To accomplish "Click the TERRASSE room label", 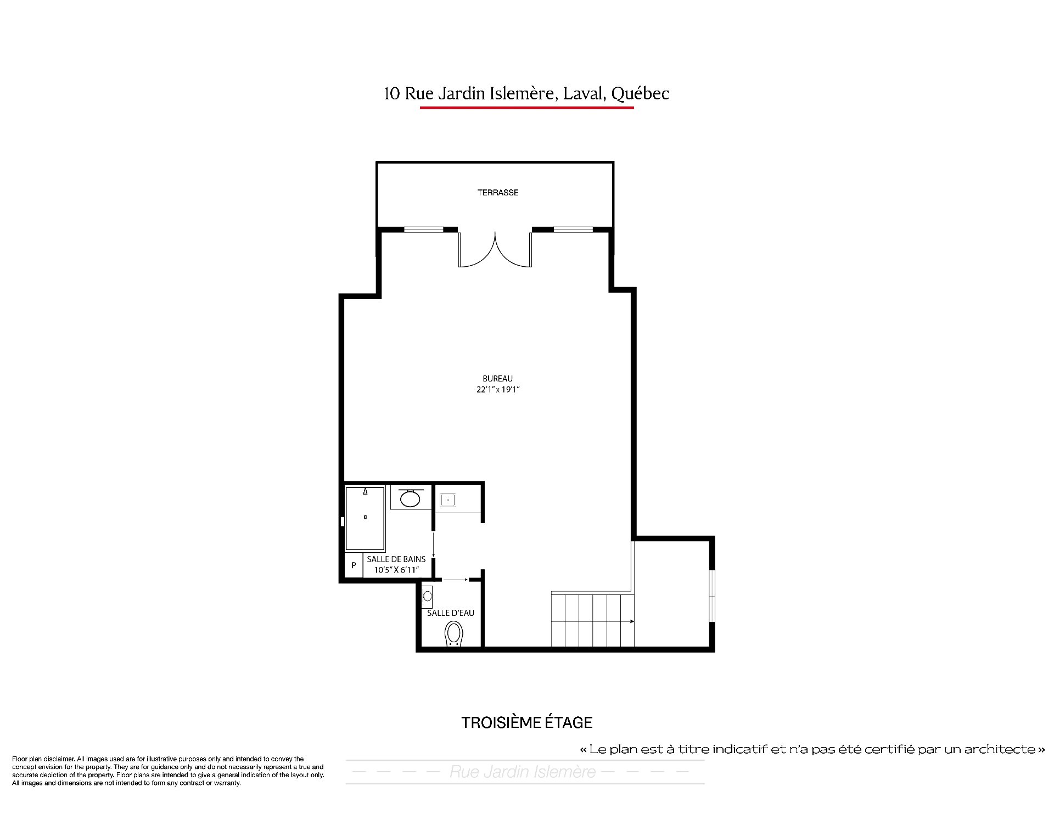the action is coord(497,193).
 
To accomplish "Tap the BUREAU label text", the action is coord(497,379).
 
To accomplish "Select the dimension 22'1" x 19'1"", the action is coord(497,390).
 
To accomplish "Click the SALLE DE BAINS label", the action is coord(396,559).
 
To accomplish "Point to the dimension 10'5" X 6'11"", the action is coord(396,570).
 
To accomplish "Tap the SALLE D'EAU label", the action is coord(451,613).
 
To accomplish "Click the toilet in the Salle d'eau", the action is coord(453,633).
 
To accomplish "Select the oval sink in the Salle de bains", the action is coord(410,498).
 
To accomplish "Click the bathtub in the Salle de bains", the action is coord(365,519).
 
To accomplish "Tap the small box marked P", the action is coord(354,565).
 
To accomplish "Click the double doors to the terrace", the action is coord(495,250).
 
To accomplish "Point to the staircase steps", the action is coord(592,620).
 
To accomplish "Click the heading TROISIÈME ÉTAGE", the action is coord(527,722).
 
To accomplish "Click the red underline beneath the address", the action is coord(526,108).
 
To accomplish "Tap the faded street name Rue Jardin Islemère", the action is coord(523,772).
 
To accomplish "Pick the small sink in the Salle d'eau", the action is coord(427,596).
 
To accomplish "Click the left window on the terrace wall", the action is coord(424,229).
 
